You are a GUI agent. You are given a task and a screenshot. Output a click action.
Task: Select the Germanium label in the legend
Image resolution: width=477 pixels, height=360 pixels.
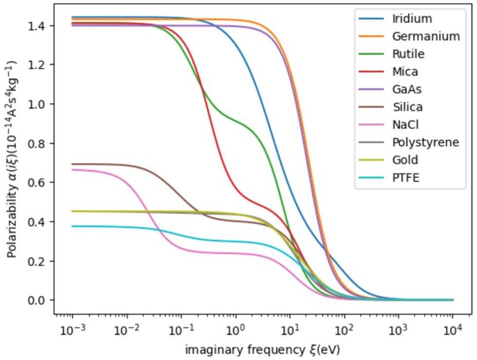pyautogui.click(x=425, y=36)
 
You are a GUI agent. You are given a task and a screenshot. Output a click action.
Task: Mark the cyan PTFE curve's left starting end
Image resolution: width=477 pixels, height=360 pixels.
pyautogui.click(x=72, y=226)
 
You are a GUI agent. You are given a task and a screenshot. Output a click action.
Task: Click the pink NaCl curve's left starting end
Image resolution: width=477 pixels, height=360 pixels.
pyautogui.click(x=72, y=169)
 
